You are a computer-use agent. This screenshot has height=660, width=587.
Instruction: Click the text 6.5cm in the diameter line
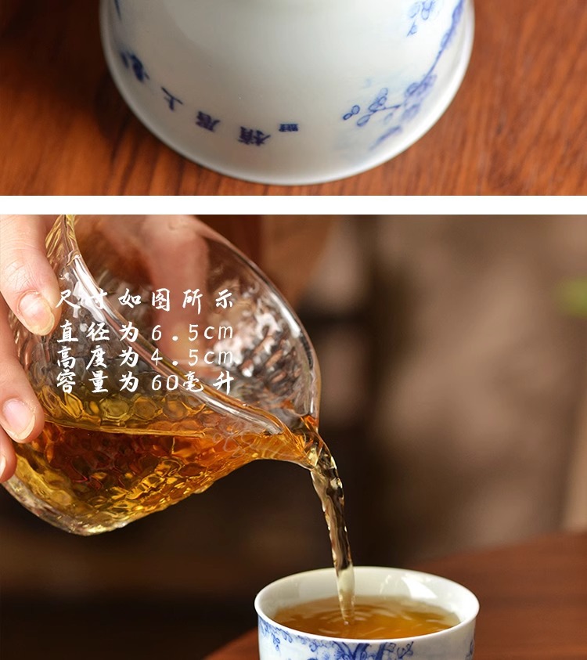190,332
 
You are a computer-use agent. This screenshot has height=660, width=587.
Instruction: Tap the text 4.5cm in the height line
190,358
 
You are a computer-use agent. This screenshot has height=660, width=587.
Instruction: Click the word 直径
83,332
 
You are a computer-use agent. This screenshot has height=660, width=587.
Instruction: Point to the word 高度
83,358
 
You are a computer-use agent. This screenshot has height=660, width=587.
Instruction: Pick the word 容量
83,383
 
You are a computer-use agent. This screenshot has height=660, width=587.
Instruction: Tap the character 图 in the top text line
161,299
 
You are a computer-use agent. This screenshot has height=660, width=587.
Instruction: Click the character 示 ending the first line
222,299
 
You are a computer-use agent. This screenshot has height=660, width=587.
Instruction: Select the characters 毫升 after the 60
206,383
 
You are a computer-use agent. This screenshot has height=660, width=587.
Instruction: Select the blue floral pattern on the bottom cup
344,648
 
